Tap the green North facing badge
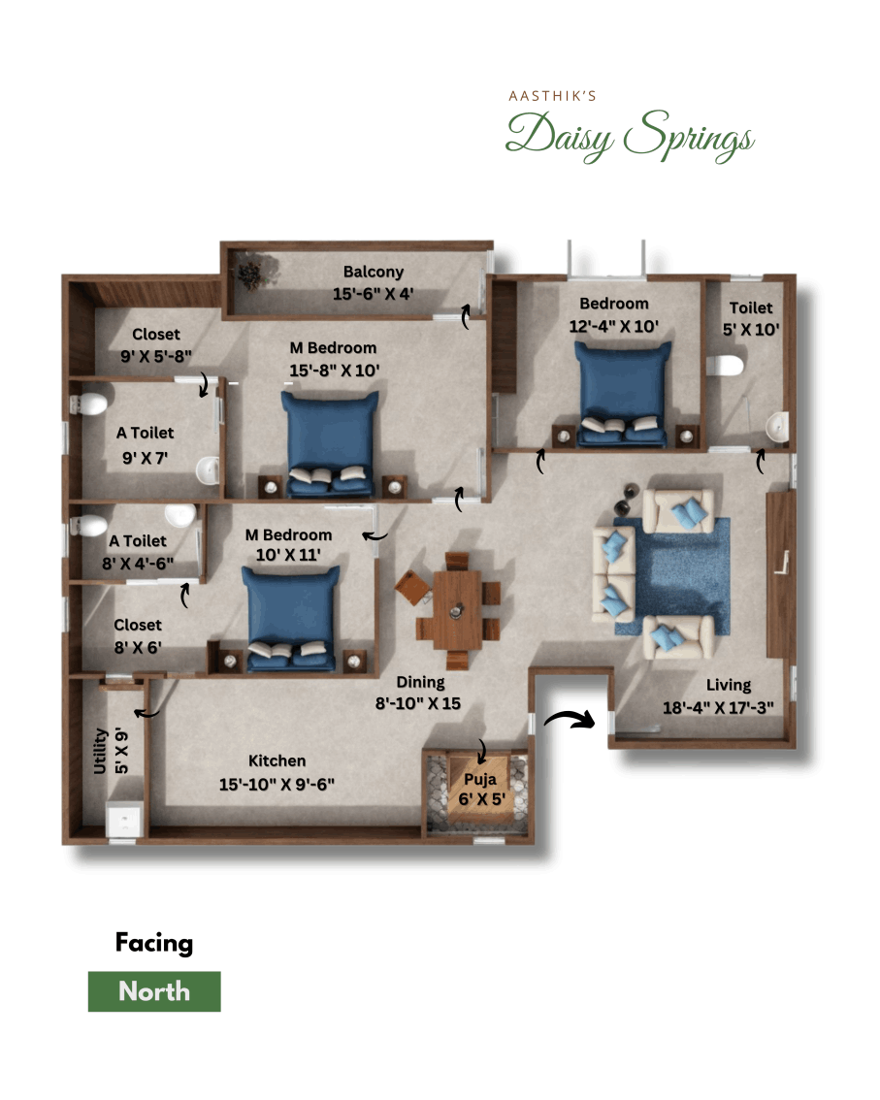click(154, 991)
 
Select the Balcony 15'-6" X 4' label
click(373, 282)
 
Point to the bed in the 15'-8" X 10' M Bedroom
click(330, 441)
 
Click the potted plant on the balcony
click(251, 273)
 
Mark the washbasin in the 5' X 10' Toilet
click(777, 425)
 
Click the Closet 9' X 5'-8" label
click(156, 343)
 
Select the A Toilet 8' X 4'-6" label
click(138, 550)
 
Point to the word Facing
click(154, 943)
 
